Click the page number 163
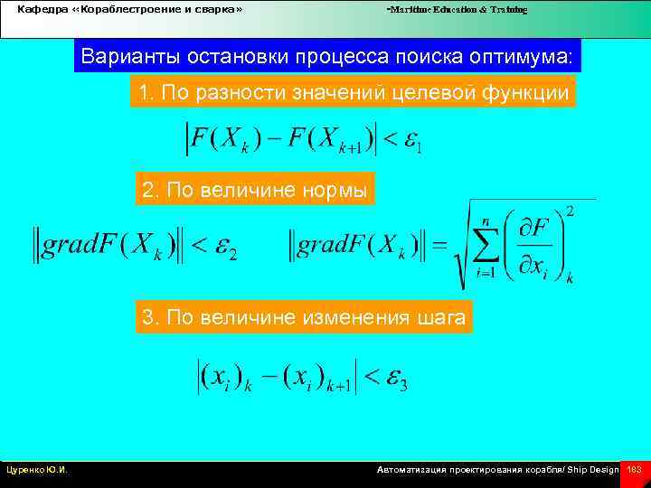pyautogui.click(x=634, y=470)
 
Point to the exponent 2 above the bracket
pyautogui.click(x=570, y=211)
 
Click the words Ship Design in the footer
pyautogui.click(x=593, y=470)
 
